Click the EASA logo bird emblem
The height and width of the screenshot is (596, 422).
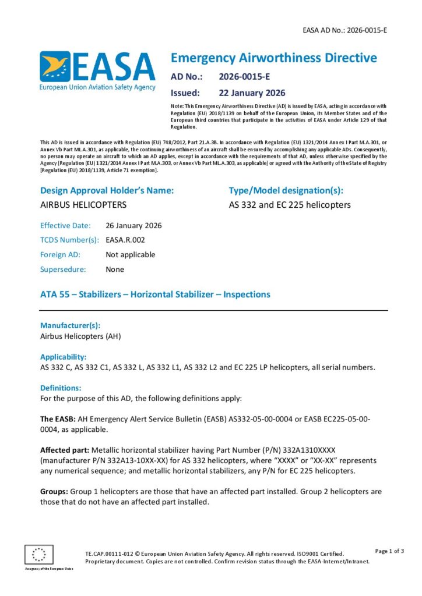click(55, 66)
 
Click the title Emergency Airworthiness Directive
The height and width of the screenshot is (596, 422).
click(273, 58)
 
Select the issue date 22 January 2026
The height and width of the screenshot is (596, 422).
click(252, 93)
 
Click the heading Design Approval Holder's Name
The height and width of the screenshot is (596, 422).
click(107, 190)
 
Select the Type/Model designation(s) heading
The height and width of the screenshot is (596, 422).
click(286, 190)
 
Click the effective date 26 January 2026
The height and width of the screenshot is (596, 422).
click(133, 225)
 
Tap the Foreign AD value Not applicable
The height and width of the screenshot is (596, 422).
click(130, 254)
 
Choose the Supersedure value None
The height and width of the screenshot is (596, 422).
click(115, 269)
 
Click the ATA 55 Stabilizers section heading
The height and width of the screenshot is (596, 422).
click(155, 295)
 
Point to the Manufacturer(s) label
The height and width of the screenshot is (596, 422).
click(70, 325)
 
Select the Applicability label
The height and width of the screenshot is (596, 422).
click(63, 356)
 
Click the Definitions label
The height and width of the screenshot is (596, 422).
click(61, 387)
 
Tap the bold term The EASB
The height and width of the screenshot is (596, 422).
click(55, 419)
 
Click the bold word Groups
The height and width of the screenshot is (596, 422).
click(53, 491)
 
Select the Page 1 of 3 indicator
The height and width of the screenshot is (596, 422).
click(389, 551)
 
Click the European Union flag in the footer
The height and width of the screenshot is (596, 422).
click(38, 554)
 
